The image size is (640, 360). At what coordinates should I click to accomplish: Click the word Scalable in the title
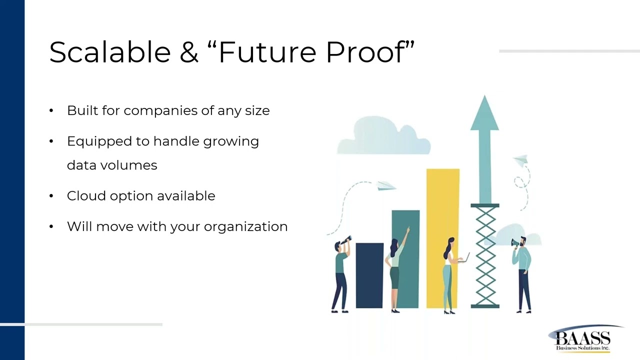point(110,52)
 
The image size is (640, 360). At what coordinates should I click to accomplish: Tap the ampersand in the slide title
point(189,52)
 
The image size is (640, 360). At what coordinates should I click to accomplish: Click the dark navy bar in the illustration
point(369,275)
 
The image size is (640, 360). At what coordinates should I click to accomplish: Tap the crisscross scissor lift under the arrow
point(484,255)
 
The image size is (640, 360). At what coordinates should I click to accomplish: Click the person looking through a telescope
point(341,275)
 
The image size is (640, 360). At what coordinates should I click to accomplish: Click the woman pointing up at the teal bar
point(395,272)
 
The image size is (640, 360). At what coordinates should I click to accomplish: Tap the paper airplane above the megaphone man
point(521,160)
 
